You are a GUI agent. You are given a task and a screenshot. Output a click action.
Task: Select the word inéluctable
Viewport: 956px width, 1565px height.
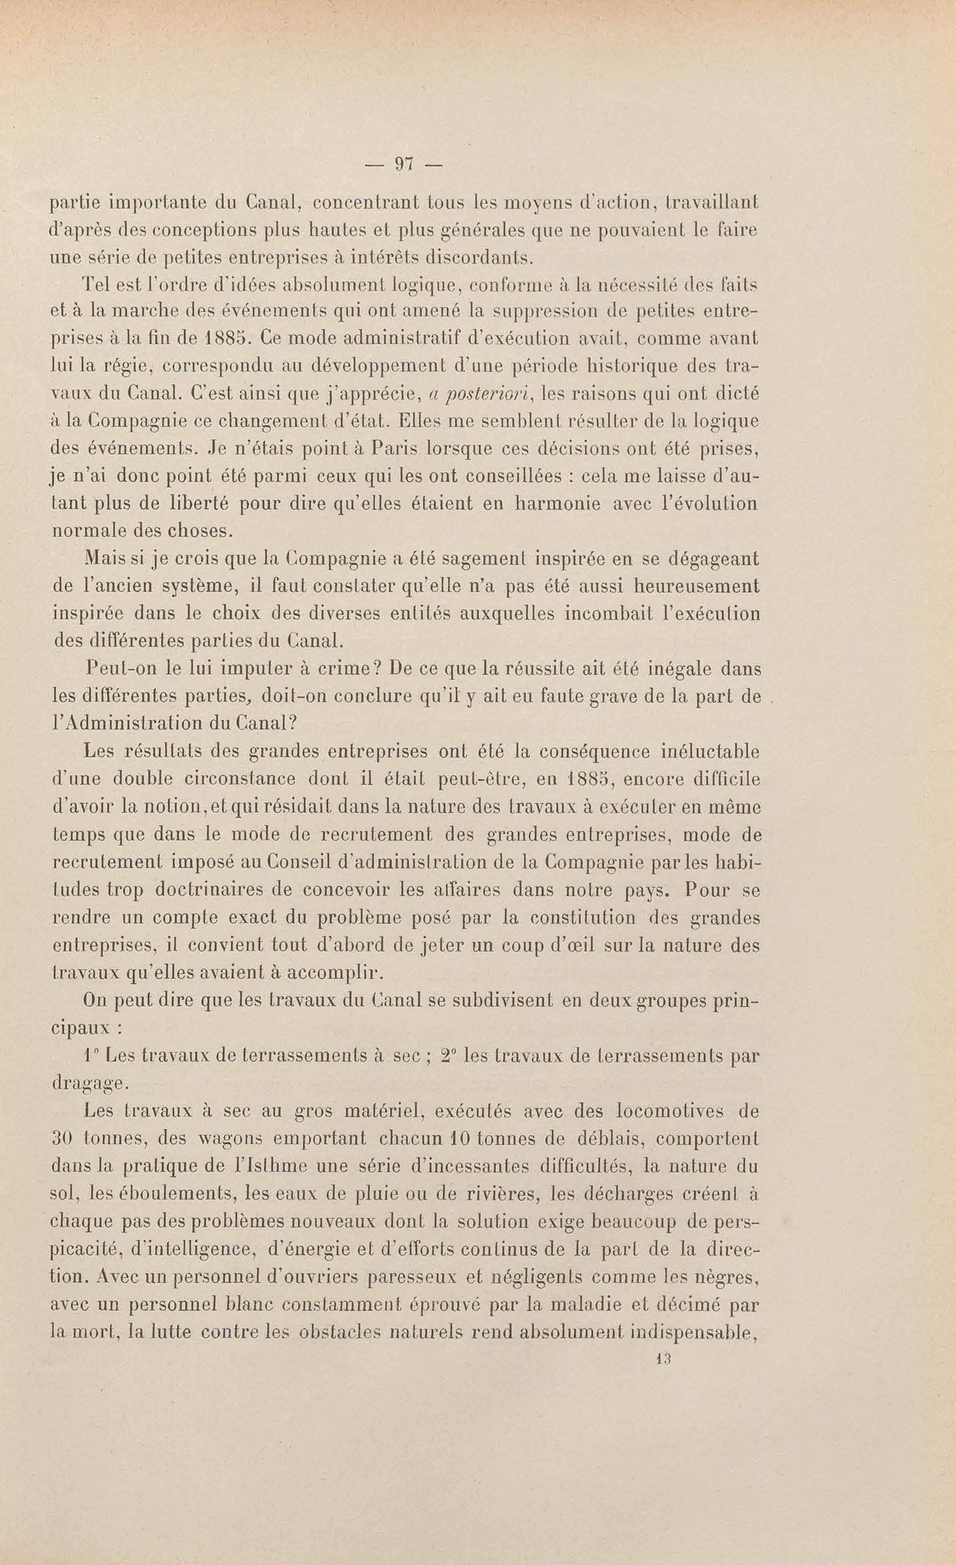[702, 752]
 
